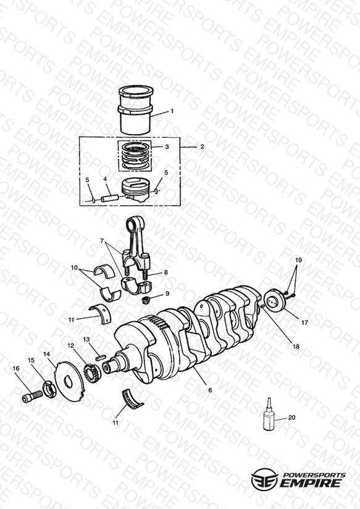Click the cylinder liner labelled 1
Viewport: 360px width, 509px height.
pyautogui.click(x=136, y=111)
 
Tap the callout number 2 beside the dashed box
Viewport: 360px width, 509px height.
pyautogui.click(x=202, y=147)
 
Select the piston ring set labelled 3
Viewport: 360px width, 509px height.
pyautogui.click(x=135, y=156)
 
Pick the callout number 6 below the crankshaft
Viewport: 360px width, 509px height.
pyautogui.click(x=210, y=390)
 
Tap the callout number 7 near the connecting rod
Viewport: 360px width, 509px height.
pyautogui.click(x=102, y=241)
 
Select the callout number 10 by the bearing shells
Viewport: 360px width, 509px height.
pyautogui.click(x=74, y=268)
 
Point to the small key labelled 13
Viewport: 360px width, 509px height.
pyautogui.click(x=100, y=357)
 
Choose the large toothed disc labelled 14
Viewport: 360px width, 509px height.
pyautogui.click(x=69, y=382)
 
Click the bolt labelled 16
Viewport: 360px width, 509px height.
pyautogui.click(x=33, y=397)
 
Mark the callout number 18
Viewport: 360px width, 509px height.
pyautogui.click(x=296, y=347)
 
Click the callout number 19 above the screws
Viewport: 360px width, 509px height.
pyautogui.click(x=298, y=260)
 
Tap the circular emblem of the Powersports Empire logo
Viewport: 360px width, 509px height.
pyautogui.click(x=264, y=479)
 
